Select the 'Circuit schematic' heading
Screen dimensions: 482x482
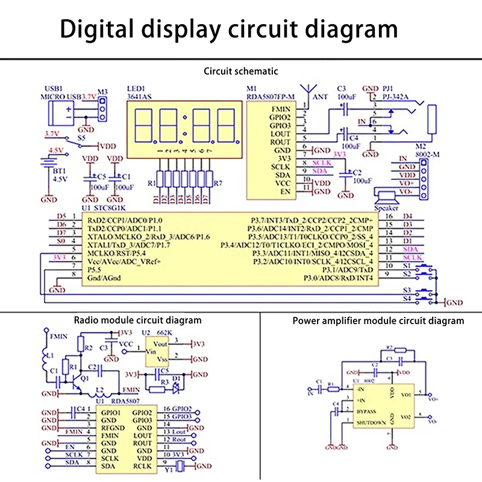[241, 71]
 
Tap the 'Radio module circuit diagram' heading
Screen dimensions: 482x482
[137, 320]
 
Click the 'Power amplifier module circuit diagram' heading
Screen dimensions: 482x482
[378, 321]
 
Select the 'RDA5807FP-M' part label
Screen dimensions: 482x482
[271, 96]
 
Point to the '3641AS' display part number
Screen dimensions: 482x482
[140, 96]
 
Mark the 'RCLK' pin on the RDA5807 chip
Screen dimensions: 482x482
[142, 466]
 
